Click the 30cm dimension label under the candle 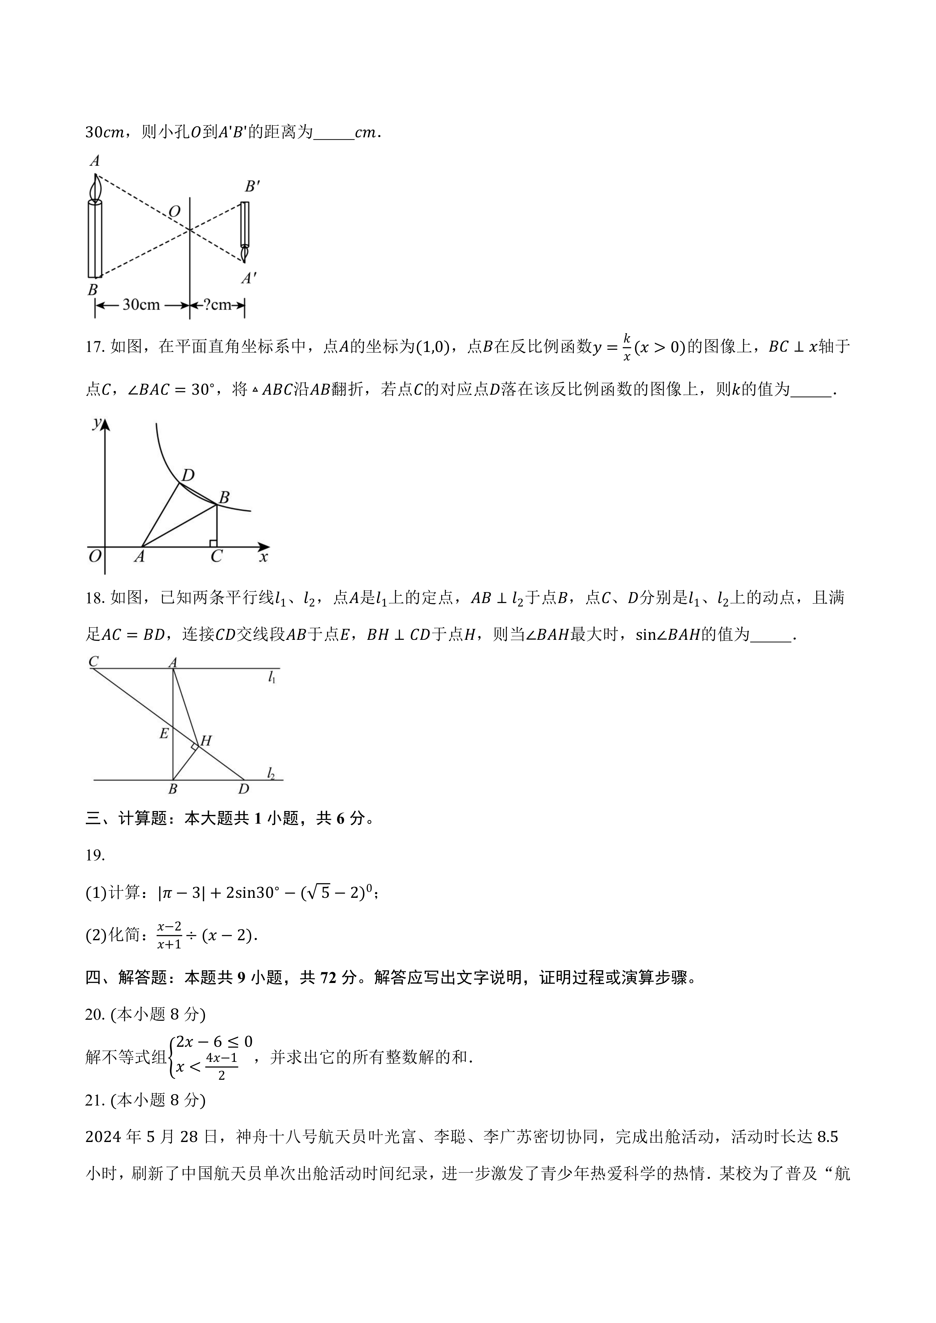tap(141, 305)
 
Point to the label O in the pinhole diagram tap(174, 211)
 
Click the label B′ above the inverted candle tap(252, 186)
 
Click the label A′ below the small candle tap(248, 279)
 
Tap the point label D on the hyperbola tap(187, 475)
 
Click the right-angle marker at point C tap(213, 543)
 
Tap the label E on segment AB tap(164, 733)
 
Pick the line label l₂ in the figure tap(271, 773)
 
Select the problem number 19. tap(95, 855)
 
